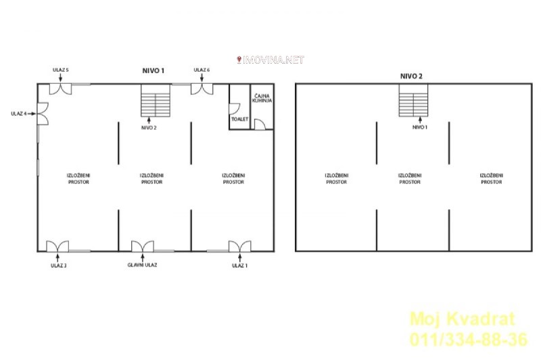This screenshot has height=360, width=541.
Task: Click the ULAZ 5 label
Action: coord(60,70)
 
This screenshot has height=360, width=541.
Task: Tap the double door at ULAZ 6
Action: coord(202,89)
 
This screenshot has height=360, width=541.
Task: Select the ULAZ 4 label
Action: coord(19,114)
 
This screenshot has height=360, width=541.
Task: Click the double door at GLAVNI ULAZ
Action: coord(143,246)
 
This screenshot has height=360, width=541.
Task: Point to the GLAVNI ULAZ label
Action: coord(142,265)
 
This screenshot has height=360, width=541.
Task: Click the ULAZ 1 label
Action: coord(239,265)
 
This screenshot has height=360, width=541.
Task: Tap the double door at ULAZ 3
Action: coord(57,246)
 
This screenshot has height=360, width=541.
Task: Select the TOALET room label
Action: coord(240,119)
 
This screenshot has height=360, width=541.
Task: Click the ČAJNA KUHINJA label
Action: coord(262,98)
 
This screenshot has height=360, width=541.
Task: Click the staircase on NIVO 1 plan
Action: coord(156,100)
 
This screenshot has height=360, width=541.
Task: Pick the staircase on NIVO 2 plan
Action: coord(413,100)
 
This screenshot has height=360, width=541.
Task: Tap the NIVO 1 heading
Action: coord(154,71)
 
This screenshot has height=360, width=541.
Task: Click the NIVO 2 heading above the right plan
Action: coord(411,76)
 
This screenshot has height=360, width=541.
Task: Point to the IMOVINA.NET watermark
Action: coord(270,60)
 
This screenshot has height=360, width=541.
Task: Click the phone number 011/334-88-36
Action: coord(469,339)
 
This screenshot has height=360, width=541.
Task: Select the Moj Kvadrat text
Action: coord(463,319)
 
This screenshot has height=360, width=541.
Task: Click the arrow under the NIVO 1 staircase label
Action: coord(420,120)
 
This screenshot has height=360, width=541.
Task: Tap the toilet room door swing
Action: coord(235,109)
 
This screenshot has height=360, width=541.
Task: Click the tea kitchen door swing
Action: coord(260,125)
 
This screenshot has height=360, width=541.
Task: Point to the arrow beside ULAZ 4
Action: coord(32,114)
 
